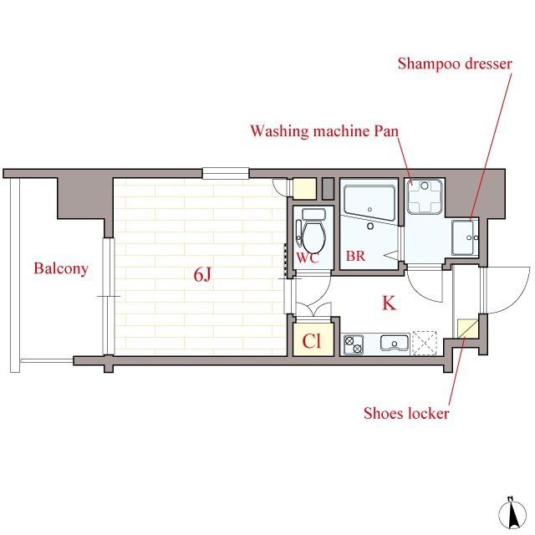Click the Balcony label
click(61, 269)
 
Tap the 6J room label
click(202, 274)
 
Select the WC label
click(308, 257)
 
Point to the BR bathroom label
click(355, 256)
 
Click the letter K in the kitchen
click(389, 303)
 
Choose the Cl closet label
click(312, 340)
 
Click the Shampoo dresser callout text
click(455, 64)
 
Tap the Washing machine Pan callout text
click(324, 131)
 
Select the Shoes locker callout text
click(406, 413)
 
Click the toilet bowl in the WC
click(313, 237)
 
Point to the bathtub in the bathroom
click(369, 204)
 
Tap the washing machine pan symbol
click(425, 197)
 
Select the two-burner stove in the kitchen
click(354, 344)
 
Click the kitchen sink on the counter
click(395, 343)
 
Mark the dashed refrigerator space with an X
click(425, 344)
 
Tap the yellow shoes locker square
click(467, 329)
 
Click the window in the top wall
click(226, 173)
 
